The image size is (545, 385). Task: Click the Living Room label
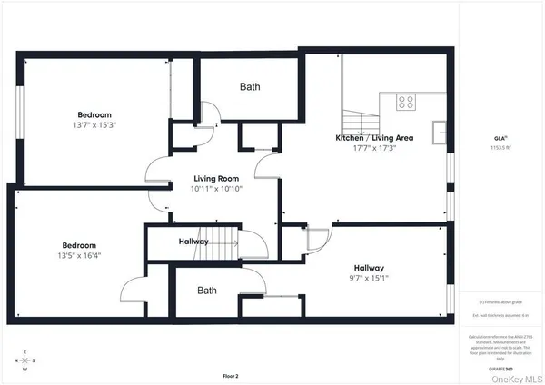tap(215, 180)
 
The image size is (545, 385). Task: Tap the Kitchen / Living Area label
tap(375, 138)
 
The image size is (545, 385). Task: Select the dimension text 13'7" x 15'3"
tap(94, 126)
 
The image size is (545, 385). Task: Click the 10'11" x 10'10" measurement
tap(215, 190)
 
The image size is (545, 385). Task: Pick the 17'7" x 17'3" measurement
tap(374, 149)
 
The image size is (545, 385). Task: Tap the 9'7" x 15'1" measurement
tap(370, 280)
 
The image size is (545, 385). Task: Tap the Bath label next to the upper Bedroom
tap(249, 87)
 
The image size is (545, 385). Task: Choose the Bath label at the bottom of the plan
tap(207, 291)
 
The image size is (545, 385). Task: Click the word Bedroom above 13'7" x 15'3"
tap(94, 115)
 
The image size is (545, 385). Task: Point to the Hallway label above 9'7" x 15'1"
tap(369, 268)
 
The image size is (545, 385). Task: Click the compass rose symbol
tap(25, 361)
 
